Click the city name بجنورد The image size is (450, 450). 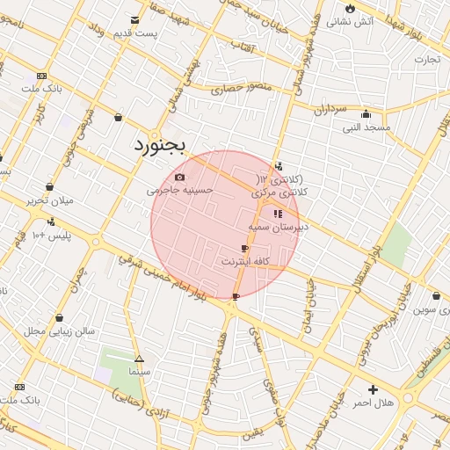coord(159,146)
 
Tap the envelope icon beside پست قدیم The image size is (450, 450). coord(134,19)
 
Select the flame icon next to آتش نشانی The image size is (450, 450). coord(350,7)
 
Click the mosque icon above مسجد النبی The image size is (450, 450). coord(366,113)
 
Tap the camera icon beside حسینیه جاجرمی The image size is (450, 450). coord(180,177)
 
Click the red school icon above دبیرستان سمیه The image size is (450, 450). coord(278,214)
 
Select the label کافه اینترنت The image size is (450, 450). coord(244,261)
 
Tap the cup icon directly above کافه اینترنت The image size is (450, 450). coord(244,249)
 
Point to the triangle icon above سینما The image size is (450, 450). coord(139,359)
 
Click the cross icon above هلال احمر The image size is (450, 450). coord(374,388)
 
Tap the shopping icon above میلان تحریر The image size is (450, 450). coord(49,186)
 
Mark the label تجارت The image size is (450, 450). coord(426,59)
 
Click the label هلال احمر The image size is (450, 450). coord(374,402)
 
